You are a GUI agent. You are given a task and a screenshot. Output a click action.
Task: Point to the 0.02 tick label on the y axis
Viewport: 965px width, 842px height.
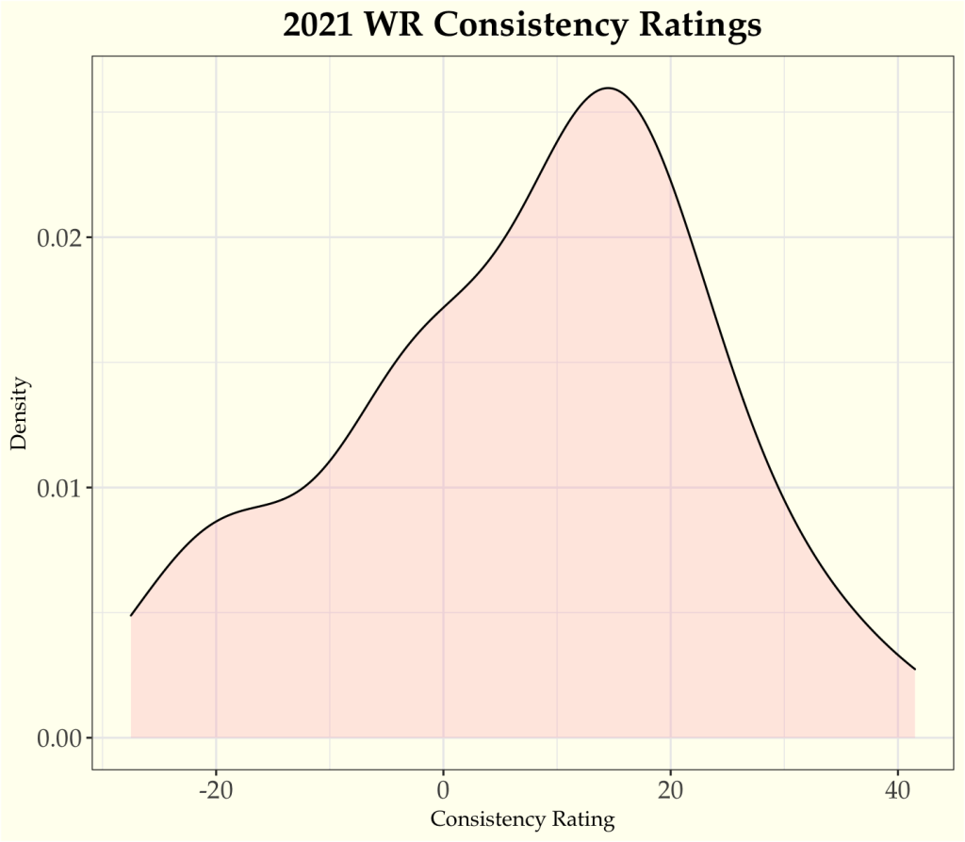(58, 237)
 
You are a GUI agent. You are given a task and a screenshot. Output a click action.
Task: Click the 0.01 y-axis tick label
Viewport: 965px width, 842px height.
(58, 488)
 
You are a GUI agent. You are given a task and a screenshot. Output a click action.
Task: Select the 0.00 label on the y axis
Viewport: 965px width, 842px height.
(58, 737)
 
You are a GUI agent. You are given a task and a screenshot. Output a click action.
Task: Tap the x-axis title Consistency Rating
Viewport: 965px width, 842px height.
(522, 819)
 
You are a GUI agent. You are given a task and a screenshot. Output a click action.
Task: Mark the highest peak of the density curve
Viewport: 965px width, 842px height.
(609, 89)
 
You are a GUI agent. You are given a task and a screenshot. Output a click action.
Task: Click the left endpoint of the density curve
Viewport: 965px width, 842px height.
(131, 616)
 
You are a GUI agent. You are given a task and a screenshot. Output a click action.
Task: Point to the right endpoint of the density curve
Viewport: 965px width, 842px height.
(915, 670)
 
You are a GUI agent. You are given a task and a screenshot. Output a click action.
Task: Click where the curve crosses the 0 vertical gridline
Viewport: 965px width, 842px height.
(443, 307)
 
